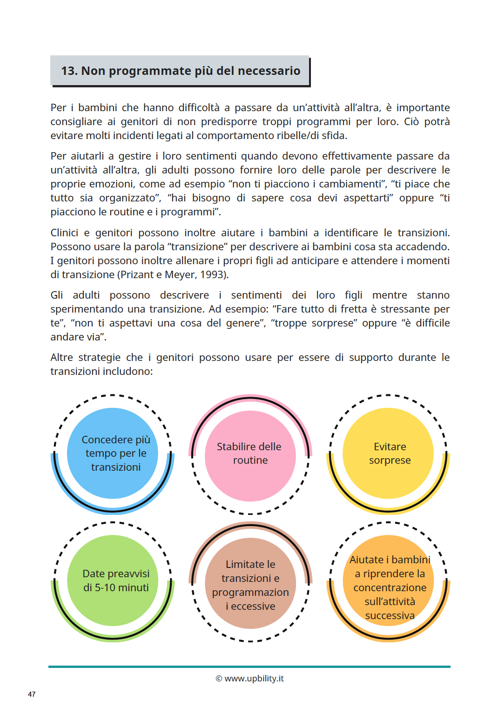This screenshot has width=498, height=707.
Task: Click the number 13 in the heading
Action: pyautogui.click(x=69, y=71)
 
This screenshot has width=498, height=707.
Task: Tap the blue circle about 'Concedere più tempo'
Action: pyautogui.click(x=113, y=453)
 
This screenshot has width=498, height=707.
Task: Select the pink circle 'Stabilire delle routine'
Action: pyautogui.click(x=250, y=456)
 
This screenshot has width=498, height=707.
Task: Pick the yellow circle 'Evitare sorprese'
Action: pyautogui.click(x=388, y=453)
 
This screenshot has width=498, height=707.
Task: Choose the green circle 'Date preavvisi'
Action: pyautogui.click(x=113, y=580)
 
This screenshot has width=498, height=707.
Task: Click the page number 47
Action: pyautogui.click(x=32, y=694)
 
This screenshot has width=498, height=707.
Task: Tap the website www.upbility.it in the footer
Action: pyautogui.click(x=254, y=678)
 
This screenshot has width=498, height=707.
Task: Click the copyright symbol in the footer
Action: pyautogui.click(x=219, y=679)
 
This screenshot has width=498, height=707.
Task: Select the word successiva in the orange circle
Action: pyautogui.click(x=390, y=615)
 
